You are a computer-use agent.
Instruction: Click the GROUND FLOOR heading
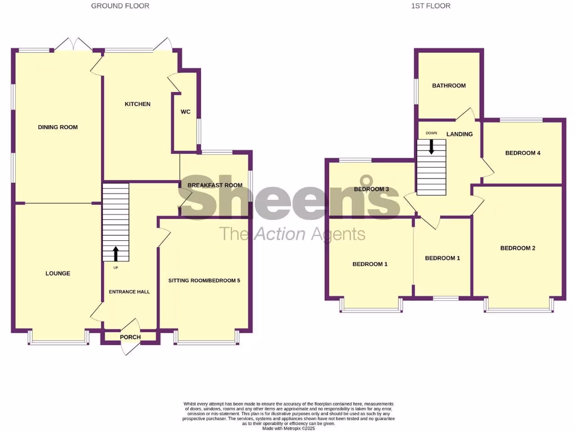coord(120,6)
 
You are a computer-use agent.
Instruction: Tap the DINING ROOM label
coord(58,127)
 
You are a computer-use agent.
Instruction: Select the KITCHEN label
coord(138,104)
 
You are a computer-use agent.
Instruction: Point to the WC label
coord(185,112)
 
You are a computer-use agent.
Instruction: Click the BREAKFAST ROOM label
coord(215,185)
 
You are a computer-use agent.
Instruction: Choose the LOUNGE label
coord(58,274)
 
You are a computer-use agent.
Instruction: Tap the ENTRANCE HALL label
coord(129,292)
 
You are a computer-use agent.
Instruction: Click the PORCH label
coord(130,337)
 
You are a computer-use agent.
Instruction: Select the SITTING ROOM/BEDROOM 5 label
coord(204,280)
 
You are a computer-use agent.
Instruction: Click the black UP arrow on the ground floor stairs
coord(116,253)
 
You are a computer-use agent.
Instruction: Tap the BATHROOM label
coord(449,86)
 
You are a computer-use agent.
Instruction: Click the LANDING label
coord(459,134)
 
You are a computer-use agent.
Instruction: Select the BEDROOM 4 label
coord(523,153)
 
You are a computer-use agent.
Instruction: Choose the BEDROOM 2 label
coord(518,248)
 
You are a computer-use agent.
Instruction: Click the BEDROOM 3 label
coord(371,190)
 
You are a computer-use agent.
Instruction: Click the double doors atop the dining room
coord(75,44)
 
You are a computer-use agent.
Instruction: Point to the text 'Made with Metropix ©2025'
coord(290,428)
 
